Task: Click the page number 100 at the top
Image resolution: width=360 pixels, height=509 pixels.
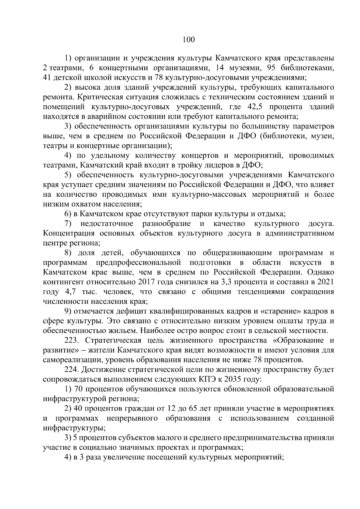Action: [188, 39]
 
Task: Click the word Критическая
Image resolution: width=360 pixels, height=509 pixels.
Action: [99, 97]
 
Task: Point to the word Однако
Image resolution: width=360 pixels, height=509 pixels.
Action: [320, 272]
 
